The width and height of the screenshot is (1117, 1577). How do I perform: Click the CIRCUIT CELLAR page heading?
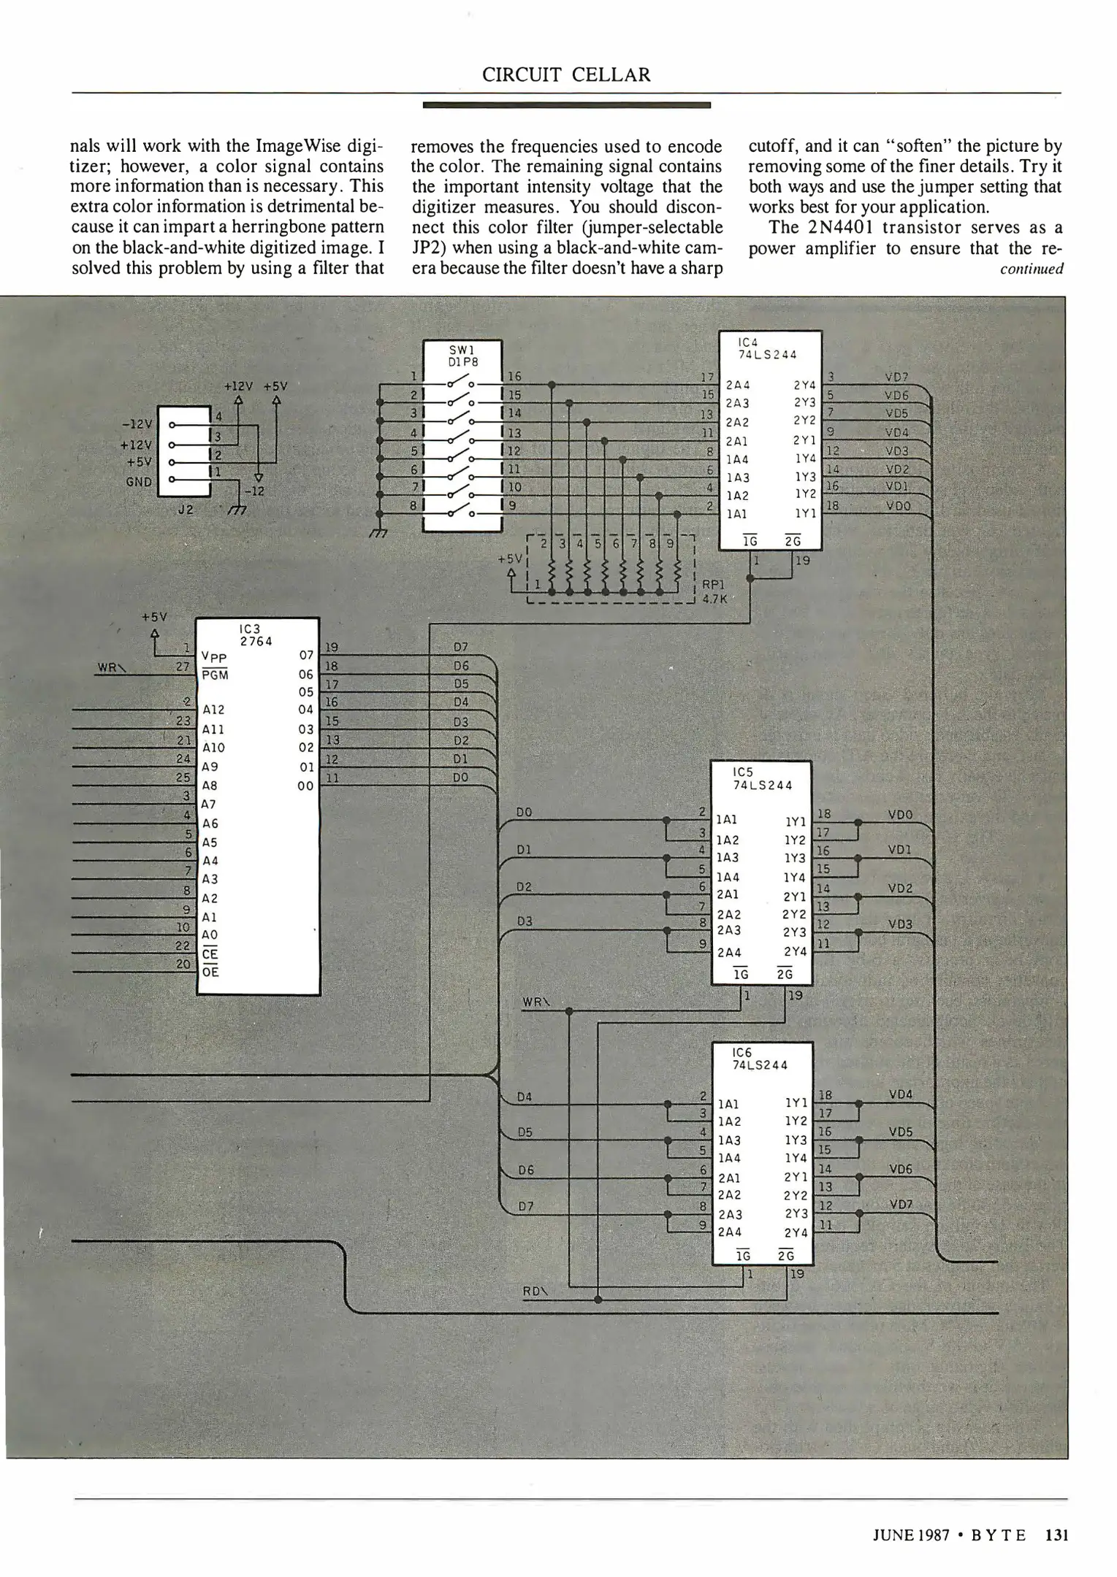click(x=565, y=75)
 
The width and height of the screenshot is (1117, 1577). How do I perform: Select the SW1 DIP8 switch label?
click(x=462, y=356)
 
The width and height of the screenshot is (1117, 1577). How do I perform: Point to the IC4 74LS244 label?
click(x=767, y=348)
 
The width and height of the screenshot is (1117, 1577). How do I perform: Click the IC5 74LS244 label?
click(x=762, y=779)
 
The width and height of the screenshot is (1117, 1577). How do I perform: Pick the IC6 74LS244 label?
click(x=760, y=1059)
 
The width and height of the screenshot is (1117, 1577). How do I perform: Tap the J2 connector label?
click(x=186, y=510)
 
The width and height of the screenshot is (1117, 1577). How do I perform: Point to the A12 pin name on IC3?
click(x=213, y=710)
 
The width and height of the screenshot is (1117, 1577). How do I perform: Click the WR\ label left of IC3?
click(x=112, y=667)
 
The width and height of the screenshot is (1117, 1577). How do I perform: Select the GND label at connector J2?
click(x=139, y=482)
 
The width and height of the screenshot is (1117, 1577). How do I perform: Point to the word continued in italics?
click(x=1032, y=269)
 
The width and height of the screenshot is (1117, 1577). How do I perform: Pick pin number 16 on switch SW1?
click(x=515, y=377)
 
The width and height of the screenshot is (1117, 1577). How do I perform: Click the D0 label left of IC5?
click(x=524, y=812)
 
